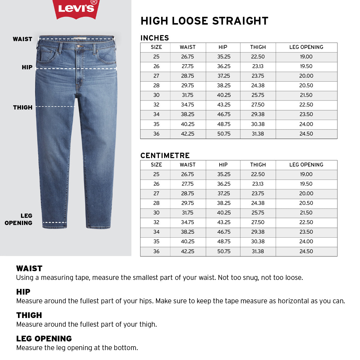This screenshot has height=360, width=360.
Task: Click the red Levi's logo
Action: (x=76, y=8)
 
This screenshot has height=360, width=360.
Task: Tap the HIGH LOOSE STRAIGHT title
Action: (x=204, y=21)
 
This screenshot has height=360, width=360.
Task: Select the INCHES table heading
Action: (x=155, y=38)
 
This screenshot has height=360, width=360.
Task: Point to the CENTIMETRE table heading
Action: (x=165, y=156)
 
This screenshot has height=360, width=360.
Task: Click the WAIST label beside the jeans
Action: (x=22, y=39)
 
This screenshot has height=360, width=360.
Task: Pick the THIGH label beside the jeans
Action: (x=23, y=107)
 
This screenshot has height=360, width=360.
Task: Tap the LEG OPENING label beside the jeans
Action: (x=19, y=219)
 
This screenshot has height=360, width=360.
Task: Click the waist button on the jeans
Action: (x=79, y=46)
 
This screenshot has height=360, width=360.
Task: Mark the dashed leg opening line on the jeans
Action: (x=55, y=223)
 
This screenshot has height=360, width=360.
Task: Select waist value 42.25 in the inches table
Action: (x=187, y=134)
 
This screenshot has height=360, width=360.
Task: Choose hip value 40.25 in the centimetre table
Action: (x=224, y=213)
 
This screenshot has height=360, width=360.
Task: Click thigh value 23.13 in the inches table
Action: (x=258, y=66)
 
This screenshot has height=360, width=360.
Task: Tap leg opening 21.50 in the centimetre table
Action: (x=306, y=213)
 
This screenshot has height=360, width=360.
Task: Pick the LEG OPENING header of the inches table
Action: (x=306, y=47)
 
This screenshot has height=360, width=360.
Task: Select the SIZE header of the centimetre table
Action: (x=156, y=165)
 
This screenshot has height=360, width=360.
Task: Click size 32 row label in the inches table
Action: (x=156, y=105)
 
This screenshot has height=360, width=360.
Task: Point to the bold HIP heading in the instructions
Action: (x=23, y=292)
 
